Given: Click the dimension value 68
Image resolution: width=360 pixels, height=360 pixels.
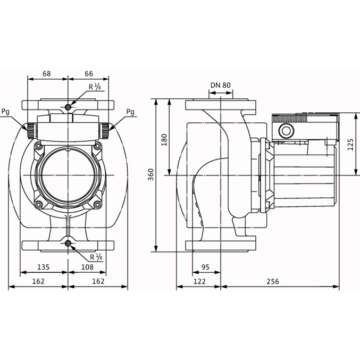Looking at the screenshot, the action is tap(47, 74).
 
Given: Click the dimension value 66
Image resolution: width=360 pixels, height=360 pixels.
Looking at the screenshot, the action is tap(89, 74).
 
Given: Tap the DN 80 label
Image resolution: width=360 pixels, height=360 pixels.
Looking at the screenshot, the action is tap(221, 85).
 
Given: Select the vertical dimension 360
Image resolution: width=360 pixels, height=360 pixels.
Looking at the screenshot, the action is tap(150, 174).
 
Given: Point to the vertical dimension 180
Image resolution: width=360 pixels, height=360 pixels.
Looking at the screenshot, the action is tap(164, 140).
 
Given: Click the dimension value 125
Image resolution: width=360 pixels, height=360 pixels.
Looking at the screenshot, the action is tap(350, 145).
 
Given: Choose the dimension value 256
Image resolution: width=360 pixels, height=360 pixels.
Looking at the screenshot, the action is tap(273, 281).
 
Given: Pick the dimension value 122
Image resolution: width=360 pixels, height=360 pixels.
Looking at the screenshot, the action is tap(199, 281).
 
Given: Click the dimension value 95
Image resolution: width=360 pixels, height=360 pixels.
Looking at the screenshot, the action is tap(205, 267).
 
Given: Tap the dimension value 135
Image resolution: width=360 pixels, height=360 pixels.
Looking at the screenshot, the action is tap(44, 267).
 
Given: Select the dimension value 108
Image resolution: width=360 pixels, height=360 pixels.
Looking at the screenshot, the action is tap(88, 267).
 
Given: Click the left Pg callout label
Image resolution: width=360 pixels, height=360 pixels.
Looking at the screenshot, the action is tap(5, 112).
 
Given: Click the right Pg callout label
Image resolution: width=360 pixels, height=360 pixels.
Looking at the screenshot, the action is tap(130, 112).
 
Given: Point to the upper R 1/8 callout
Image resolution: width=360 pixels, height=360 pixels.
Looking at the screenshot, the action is tap(95, 87).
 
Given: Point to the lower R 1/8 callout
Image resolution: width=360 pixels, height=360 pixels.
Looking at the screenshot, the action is tap(96, 257).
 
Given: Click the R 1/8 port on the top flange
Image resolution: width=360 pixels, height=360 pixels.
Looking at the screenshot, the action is tap(68, 107).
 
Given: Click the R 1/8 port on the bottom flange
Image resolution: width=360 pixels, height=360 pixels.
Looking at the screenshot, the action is tap(68, 243).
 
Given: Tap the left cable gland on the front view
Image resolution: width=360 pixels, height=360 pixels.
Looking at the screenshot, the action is tap(31, 131).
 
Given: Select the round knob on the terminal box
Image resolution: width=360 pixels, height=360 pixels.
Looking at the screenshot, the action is tap(286, 131).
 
